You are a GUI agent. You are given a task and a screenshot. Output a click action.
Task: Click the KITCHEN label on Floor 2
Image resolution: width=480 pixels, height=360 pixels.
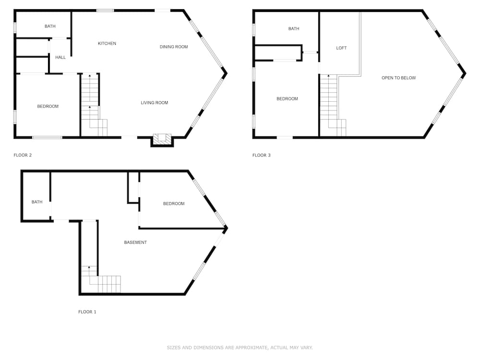107,44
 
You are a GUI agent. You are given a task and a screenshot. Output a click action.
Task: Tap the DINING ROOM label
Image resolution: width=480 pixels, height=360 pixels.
174,47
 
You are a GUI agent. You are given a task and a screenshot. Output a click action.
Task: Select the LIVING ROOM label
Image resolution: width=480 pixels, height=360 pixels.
154,103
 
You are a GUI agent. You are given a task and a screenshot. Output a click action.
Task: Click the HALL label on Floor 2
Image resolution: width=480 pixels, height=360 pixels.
60,57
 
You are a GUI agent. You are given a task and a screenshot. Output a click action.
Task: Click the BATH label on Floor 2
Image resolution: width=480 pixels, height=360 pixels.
50,26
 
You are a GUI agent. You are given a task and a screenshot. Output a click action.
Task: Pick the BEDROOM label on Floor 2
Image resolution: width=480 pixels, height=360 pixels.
48,107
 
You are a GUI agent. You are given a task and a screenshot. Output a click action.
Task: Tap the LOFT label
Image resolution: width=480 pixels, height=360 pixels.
341,48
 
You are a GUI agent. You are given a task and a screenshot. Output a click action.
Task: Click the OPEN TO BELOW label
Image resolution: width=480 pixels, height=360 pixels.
398,78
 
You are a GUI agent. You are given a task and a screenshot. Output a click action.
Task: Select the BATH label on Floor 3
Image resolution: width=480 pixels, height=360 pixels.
294,29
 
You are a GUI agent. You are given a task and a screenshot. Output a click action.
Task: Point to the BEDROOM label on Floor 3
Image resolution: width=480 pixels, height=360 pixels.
287,99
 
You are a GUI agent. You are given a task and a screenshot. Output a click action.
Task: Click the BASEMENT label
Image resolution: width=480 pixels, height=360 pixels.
135,242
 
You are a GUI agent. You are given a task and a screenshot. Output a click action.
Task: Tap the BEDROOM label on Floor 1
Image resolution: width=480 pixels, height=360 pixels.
174,204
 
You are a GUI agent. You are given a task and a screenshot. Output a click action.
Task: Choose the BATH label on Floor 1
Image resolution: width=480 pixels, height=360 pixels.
37,202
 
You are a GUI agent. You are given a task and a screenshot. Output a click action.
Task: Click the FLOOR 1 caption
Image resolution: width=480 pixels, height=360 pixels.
87,312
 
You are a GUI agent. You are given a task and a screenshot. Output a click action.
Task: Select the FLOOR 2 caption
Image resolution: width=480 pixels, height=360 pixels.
23,155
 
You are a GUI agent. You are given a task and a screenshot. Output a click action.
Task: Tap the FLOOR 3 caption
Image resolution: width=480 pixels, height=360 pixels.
262,155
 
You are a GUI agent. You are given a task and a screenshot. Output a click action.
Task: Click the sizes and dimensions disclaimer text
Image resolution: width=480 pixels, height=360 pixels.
240,348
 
